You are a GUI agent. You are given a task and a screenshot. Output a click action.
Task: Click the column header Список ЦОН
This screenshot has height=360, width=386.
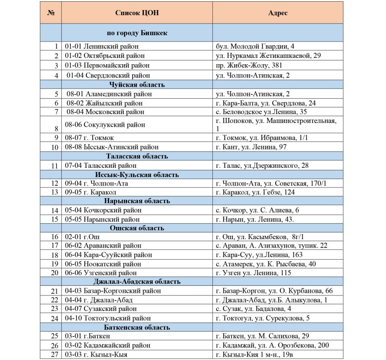[137, 13]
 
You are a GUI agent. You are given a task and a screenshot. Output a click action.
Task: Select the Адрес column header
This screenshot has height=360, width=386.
[278, 13]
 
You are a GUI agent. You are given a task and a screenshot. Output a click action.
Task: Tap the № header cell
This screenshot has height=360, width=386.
[51, 13]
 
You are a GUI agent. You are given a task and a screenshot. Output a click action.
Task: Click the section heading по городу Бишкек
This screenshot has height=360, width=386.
[137, 33]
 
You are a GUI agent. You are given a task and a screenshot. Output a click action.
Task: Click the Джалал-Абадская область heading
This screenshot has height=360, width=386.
[137, 282]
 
